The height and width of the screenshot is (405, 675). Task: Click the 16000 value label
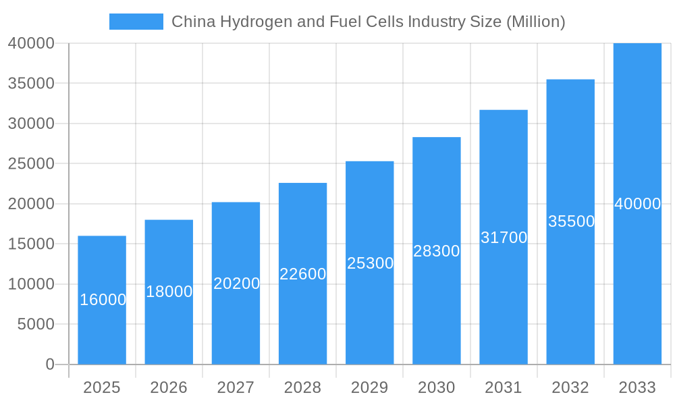[x=103, y=300]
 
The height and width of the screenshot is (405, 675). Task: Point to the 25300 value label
[x=370, y=263]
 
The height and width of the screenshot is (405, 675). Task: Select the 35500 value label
[x=571, y=221]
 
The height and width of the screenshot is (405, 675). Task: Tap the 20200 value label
[x=236, y=283]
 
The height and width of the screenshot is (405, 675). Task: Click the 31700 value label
[x=504, y=238]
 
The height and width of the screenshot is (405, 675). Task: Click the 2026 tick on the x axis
[x=169, y=387]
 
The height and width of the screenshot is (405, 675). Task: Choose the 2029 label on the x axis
[x=370, y=387]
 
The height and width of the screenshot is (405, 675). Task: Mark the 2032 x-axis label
[x=570, y=387]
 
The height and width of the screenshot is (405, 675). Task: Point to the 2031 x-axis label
[x=504, y=387]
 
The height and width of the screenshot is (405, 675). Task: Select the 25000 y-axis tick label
[x=30, y=163]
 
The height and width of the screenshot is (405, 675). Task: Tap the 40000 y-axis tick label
[x=30, y=43]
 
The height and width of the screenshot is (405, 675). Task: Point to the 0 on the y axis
[x=49, y=364]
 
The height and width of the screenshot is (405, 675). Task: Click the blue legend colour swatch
[x=136, y=22]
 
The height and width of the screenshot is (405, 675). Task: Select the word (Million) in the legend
[x=535, y=22]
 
